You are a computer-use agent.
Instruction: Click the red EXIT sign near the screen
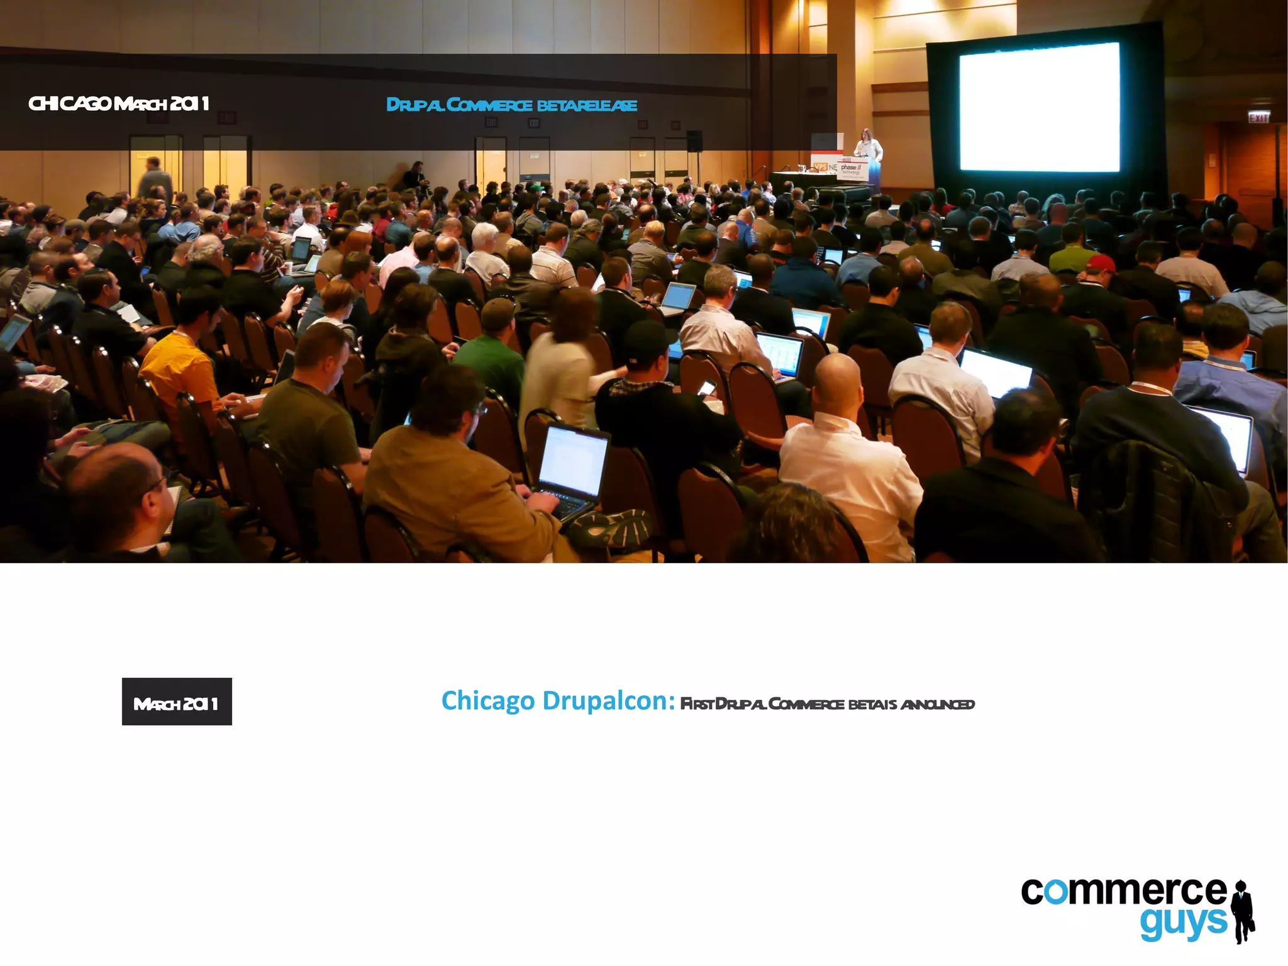coord(1258,118)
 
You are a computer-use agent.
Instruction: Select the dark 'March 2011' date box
coord(177,702)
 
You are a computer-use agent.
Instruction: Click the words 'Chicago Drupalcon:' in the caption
coord(558,700)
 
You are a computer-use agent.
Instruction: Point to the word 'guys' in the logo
coord(1183,923)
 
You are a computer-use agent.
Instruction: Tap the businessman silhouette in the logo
coord(1243,912)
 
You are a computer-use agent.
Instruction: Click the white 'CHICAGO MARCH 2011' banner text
coord(118,104)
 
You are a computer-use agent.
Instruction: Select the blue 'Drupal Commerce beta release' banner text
coord(511,105)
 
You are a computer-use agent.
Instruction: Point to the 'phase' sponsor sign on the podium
coord(852,169)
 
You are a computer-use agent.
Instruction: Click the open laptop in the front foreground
coord(572,466)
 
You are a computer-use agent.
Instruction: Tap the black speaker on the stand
coord(694,141)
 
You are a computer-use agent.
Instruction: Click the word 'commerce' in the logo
coord(1123,891)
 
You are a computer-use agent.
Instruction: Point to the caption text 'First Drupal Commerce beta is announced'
coord(827,704)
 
